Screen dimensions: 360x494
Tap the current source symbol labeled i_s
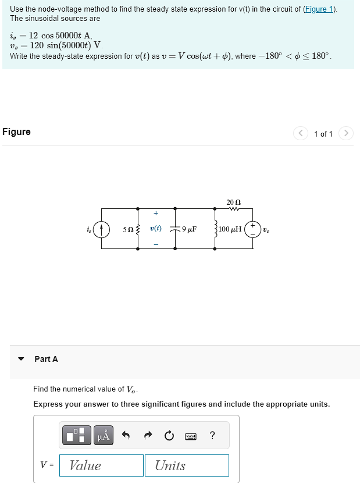tap(102, 229)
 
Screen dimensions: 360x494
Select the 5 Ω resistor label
tap(129, 229)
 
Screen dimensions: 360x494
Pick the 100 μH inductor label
tap(230, 229)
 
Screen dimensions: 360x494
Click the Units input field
tap(186, 465)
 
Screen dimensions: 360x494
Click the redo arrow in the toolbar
tap(147, 435)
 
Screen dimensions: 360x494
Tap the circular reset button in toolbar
tap(169, 435)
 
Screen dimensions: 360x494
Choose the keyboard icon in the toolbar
tap(191, 436)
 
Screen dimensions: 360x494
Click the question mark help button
tap(212, 435)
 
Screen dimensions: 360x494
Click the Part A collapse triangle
tap(22, 359)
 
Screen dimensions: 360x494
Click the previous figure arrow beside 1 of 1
tap(301, 134)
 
